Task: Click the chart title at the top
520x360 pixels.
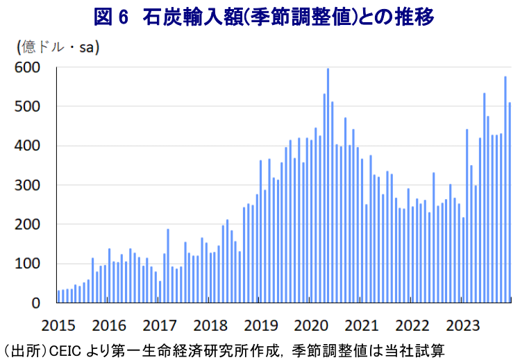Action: tap(260, 17)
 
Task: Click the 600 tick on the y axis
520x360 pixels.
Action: tap(28, 67)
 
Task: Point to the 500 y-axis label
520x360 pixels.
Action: tap(28, 107)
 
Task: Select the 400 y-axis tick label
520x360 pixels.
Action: tap(28, 146)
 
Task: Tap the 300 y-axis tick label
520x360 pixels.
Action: tap(28, 186)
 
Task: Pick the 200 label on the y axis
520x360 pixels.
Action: tap(28, 225)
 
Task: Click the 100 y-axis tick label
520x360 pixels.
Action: tap(28, 264)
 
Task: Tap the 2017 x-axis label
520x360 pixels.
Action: tap(159, 326)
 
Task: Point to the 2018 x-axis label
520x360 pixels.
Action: tap(210, 326)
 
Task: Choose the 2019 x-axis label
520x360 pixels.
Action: tap(260, 326)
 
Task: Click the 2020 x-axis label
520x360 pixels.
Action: tap(311, 326)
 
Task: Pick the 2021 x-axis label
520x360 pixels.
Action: tap(362, 326)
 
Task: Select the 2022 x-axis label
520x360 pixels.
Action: tap(412, 326)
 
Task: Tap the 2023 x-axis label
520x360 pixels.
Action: tap(463, 326)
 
